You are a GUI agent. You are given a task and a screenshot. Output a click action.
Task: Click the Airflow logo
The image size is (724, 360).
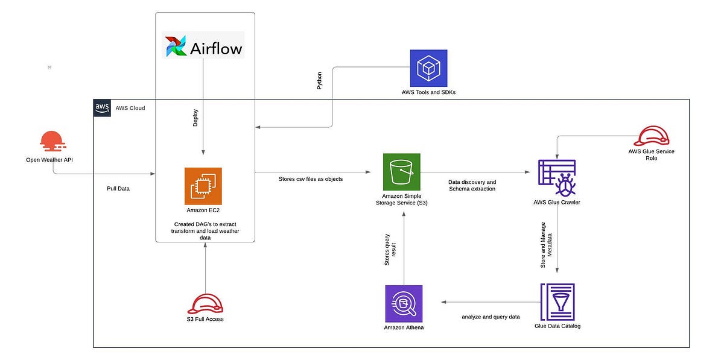(203, 45)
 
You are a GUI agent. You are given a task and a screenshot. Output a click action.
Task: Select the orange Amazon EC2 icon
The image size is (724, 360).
(203, 186)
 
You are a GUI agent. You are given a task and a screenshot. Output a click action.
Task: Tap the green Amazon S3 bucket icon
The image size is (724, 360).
(401, 172)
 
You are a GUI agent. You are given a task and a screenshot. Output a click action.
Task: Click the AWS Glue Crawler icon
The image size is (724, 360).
(557, 178)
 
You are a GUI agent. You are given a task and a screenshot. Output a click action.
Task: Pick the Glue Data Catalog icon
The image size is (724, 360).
(557, 302)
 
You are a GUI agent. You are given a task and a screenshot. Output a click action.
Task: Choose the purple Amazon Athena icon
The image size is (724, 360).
(404, 303)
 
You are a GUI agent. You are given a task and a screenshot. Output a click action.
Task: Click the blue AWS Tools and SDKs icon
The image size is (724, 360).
(428, 68)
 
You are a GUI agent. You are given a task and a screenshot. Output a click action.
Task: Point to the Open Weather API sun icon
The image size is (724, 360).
(53, 142)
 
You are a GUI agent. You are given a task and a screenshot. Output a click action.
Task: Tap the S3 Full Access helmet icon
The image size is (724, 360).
(205, 303)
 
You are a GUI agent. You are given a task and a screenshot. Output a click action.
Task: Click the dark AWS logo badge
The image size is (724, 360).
(102, 107)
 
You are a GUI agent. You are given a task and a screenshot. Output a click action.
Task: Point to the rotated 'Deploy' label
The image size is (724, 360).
(195, 117)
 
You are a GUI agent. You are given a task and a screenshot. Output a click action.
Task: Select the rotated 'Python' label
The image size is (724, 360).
(320, 81)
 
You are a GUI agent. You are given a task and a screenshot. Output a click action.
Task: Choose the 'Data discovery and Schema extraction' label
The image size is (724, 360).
(472, 185)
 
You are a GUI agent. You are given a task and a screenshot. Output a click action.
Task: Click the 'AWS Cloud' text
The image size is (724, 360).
(130, 108)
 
